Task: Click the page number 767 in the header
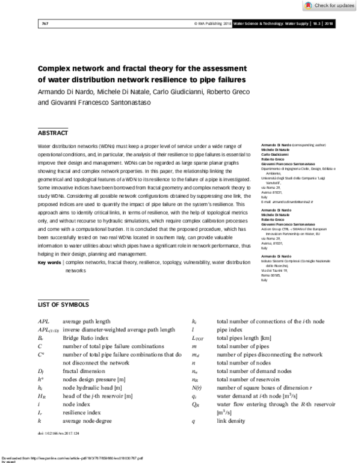click(x=44, y=24)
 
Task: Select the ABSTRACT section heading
click(x=53, y=133)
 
